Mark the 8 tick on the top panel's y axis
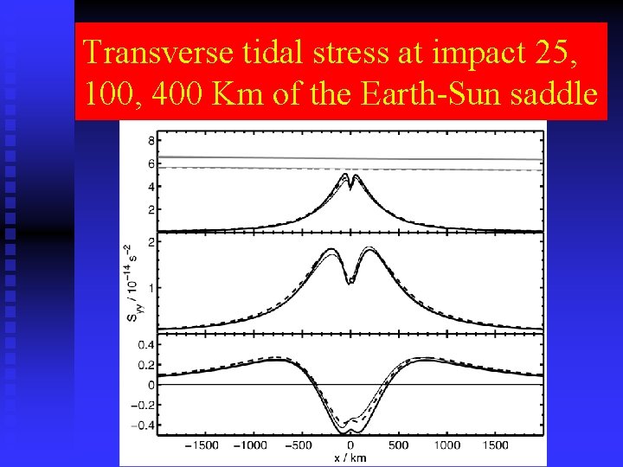pos(151,141)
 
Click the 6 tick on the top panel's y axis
pos(151,163)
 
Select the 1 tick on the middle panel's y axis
pos(151,287)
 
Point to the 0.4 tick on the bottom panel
pos(148,345)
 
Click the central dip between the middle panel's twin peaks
pos(350,281)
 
